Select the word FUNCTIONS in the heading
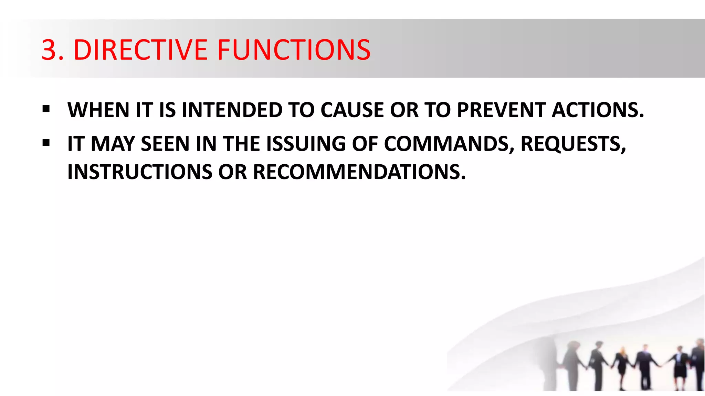(293, 50)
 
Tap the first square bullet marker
(46, 109)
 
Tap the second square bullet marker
(46, 143)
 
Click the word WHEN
(98, 110)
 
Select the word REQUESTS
(573, 144)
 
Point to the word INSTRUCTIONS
(140, 172)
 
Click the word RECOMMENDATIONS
(359, 172)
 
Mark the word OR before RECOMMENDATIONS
(233, 172)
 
